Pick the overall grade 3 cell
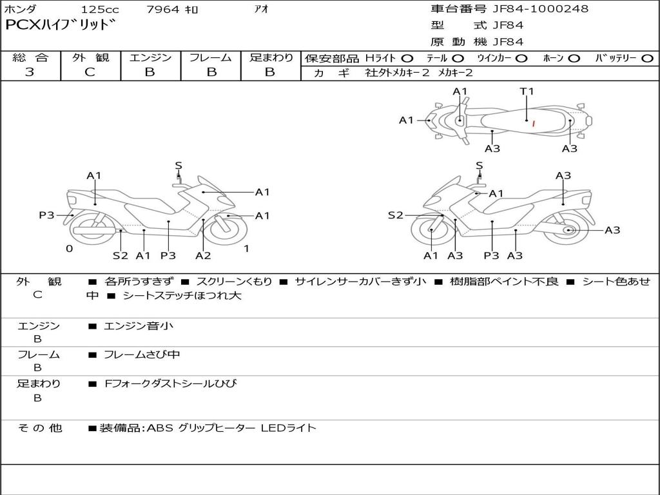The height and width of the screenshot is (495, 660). tap(30, 72)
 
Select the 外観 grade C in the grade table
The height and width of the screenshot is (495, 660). tap(90, 72)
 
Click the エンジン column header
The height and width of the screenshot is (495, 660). tap(150, 58)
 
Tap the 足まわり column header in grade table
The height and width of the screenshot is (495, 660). tap(271, 58)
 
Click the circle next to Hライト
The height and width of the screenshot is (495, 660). tap(407, 59)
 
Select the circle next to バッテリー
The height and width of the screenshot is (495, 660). tap(647, 59)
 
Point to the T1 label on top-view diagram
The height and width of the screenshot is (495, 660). tap(527, 92)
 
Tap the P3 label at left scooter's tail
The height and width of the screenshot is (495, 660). tap(46, 215)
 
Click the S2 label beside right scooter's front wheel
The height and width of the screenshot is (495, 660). tap(395, 215)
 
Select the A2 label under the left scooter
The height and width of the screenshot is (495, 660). tap(203, 255)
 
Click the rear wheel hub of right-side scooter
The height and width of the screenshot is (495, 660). tap(568, 230)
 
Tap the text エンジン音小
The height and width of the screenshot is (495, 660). tap(139, 326)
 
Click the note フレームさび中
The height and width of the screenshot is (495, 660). tap(142, 354)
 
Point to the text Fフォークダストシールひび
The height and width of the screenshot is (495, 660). tap(170, 383)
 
